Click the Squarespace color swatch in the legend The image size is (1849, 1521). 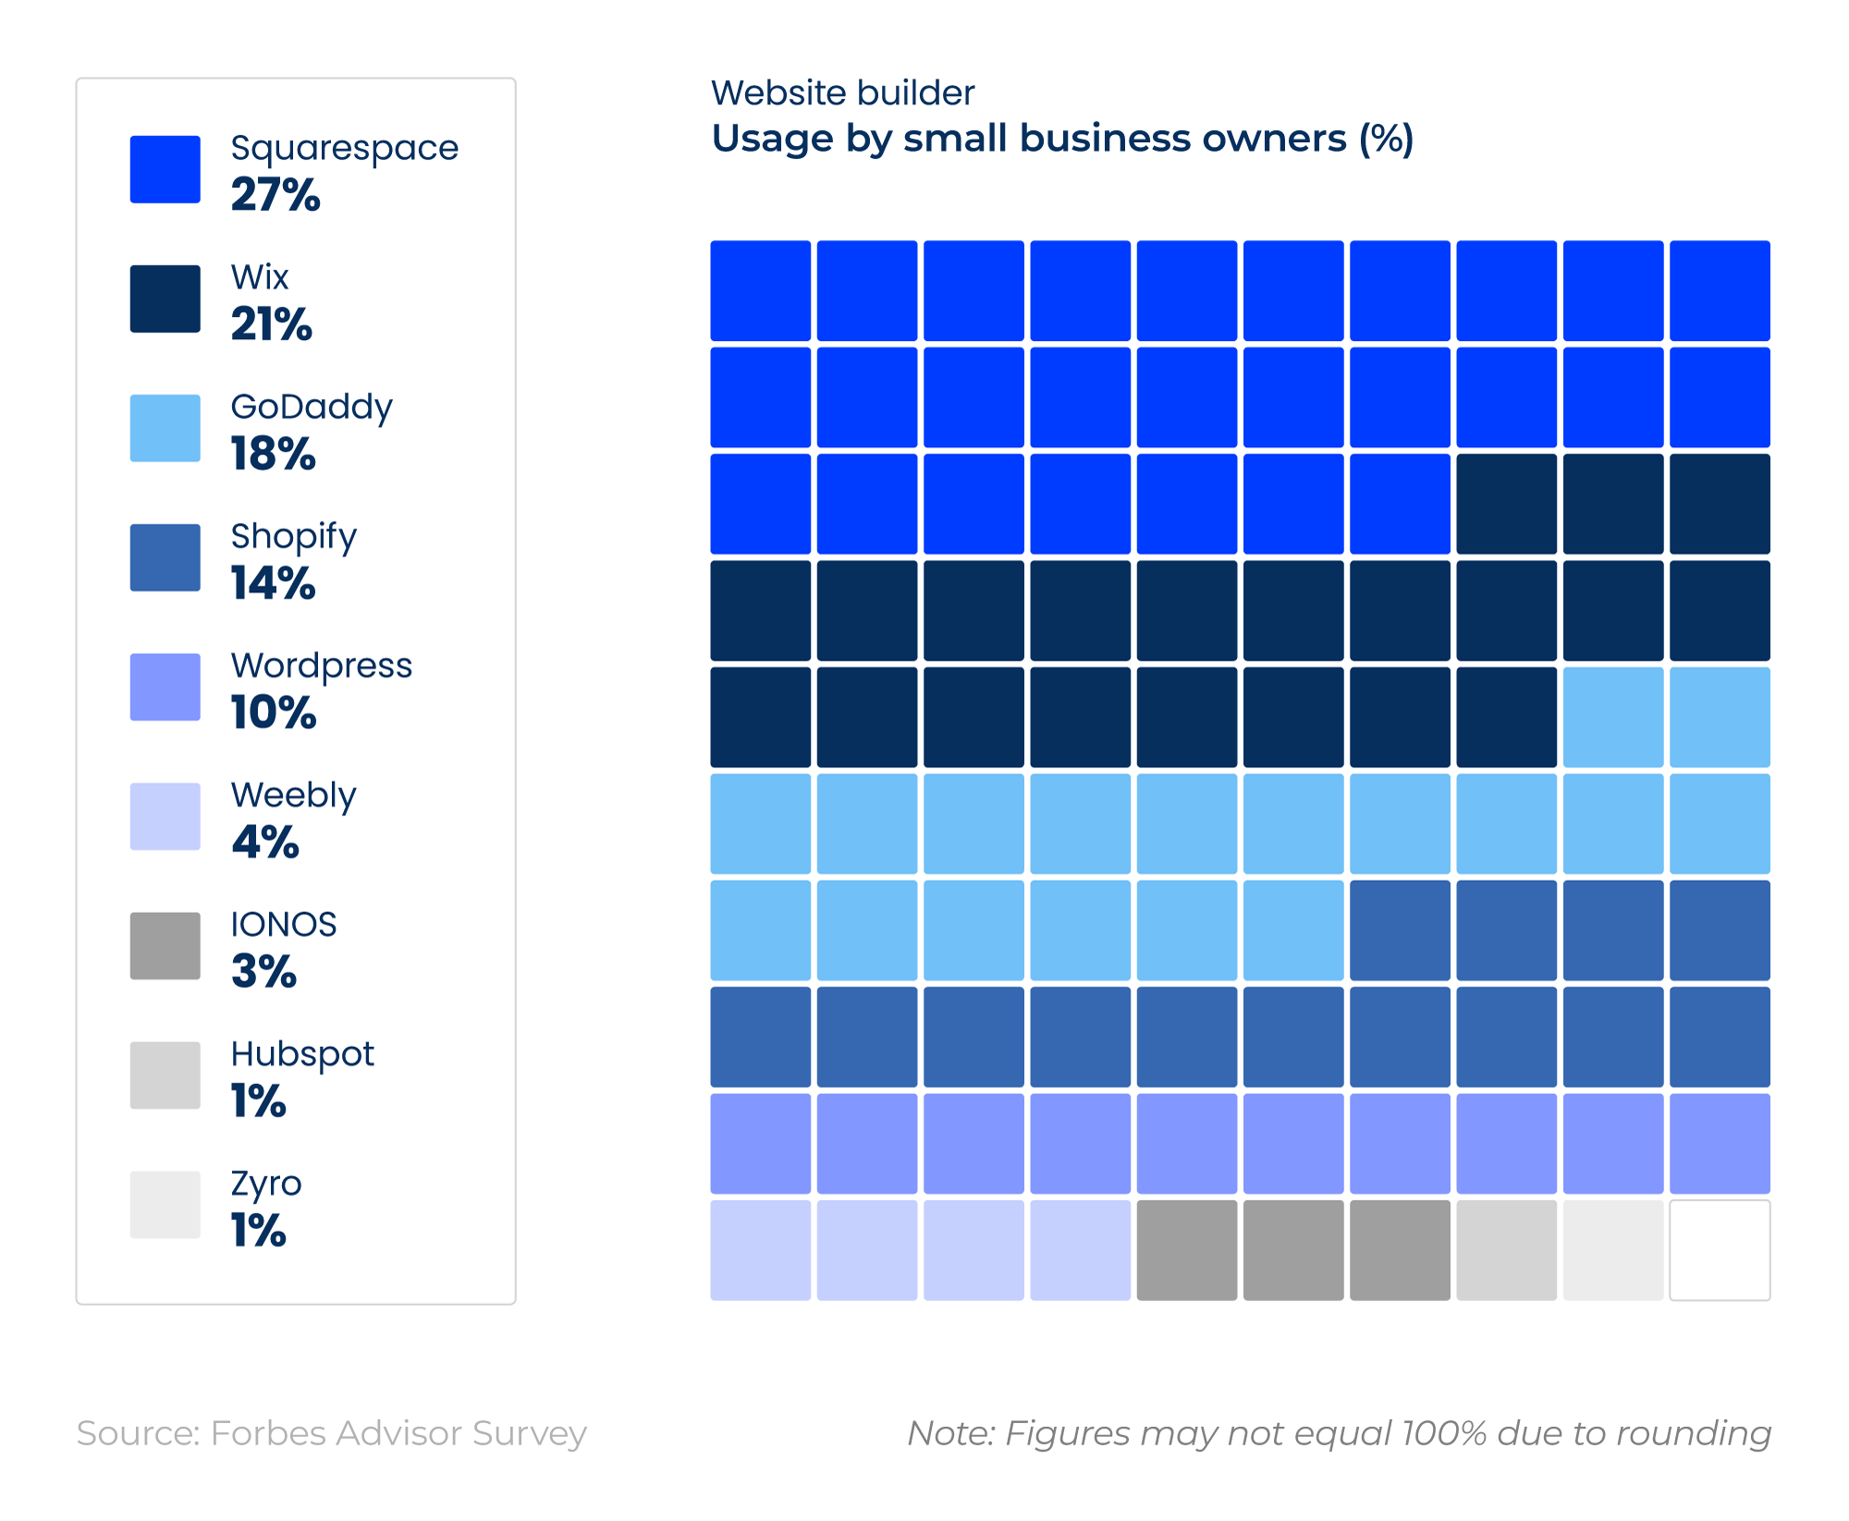(x=165, y=169)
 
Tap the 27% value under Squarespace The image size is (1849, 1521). (x=275, y=195)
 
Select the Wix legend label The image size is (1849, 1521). (x=260, y=277)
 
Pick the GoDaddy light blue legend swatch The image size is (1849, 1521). (x=165, y=428)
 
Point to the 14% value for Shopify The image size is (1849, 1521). (x=273, y=583)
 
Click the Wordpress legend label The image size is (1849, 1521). (x=321, y=665)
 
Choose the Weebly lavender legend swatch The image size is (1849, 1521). (x=165, y=816)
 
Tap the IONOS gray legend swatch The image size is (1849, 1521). (x=165, y=945)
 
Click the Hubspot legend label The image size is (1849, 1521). (x=302, y=1053)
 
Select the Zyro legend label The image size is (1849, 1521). (x=266, y=1183)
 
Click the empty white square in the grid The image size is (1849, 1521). (x=1720, y=1250)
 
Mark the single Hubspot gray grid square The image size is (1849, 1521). (x=1506, y=1250)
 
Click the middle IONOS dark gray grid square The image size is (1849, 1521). (x=1293, y=1250)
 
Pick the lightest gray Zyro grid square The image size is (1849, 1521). (x=1613, y=1250)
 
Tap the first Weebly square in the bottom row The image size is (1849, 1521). (x=760, y=1250)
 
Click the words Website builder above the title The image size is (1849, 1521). (x=842, y=93)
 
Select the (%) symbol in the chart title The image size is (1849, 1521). (x=1386, y=139)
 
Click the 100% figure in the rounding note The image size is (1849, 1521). (x=1444, y=1433)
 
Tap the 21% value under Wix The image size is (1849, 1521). (x=271, y=324)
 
